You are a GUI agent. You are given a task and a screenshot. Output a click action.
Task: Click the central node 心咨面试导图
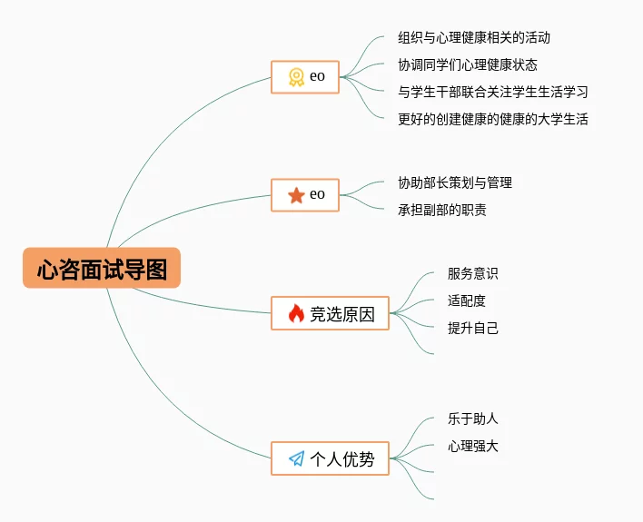(102, 269)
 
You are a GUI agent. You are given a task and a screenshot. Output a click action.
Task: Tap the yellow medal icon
(296, 77)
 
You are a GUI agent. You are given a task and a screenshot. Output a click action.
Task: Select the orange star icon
(296, 194)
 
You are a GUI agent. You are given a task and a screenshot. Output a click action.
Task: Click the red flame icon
(296, 314)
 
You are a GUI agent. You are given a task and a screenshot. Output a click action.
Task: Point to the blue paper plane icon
(296, 458)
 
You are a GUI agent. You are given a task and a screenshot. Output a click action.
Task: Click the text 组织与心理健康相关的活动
(474, 38)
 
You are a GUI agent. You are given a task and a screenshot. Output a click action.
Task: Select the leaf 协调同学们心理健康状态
(467, 65)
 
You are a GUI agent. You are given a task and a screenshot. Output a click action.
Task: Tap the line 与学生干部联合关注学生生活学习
(492, 92)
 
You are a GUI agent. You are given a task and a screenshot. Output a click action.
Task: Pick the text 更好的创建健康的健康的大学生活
(492, 119)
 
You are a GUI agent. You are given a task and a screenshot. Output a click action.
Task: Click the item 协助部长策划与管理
(454, 182)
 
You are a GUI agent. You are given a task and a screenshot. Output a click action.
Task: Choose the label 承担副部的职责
(441, 210)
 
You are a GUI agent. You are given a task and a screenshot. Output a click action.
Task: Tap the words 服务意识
(472, 273)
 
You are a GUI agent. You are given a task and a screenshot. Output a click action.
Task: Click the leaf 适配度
(466, 300)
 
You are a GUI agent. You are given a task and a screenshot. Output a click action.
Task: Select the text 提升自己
(472, 328)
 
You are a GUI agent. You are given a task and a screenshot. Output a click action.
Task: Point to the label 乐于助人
(472, 419)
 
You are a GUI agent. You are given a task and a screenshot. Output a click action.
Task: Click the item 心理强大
(472, 446)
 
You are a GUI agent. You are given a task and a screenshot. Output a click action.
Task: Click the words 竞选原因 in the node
(342, 314)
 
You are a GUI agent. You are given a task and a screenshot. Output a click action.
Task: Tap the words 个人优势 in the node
(342, 458)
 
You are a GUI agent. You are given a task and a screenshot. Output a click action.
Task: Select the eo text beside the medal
(317, 77)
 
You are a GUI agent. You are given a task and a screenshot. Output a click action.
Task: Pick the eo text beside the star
(317, 194)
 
